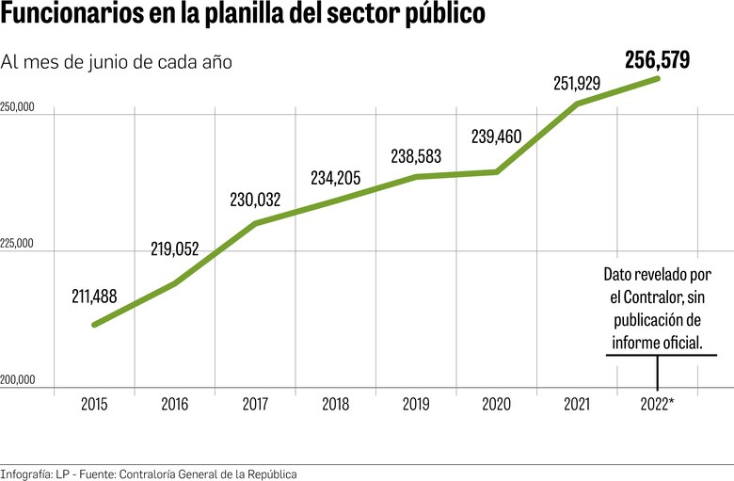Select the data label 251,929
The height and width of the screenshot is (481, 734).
point(577,84)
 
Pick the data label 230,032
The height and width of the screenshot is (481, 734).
point(255,200)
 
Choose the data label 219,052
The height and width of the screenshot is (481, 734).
point(175,249)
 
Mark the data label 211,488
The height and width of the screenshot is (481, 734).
point(94,297)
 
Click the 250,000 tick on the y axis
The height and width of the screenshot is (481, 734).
point(18,107)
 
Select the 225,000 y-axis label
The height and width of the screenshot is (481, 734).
point(18,245)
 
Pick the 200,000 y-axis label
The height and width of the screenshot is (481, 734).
point(18,381)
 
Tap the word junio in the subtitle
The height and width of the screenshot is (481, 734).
point(117,62)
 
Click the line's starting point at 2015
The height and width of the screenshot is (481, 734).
point(94,325)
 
